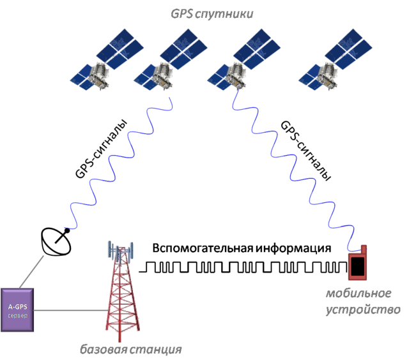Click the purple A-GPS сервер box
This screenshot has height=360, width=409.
(17, 310)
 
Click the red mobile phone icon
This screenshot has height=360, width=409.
(358, 263)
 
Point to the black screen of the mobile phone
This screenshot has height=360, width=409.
(358, 266)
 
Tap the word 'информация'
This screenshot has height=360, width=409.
(293, 248)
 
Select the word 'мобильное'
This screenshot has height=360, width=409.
(359, 294)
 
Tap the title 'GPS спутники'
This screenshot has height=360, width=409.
(212, 14)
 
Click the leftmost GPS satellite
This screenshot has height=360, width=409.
(107, 59)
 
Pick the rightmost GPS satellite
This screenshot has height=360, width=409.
(336, 59)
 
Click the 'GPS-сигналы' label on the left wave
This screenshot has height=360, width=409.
(101, 149)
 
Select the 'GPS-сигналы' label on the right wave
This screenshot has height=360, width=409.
(305, 151)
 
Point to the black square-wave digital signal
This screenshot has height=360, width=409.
(243, 267)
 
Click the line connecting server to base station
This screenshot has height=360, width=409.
(71, 310)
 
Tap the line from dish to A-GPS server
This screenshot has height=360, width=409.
(31, 272)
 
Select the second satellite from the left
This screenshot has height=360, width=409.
(171, 59)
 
